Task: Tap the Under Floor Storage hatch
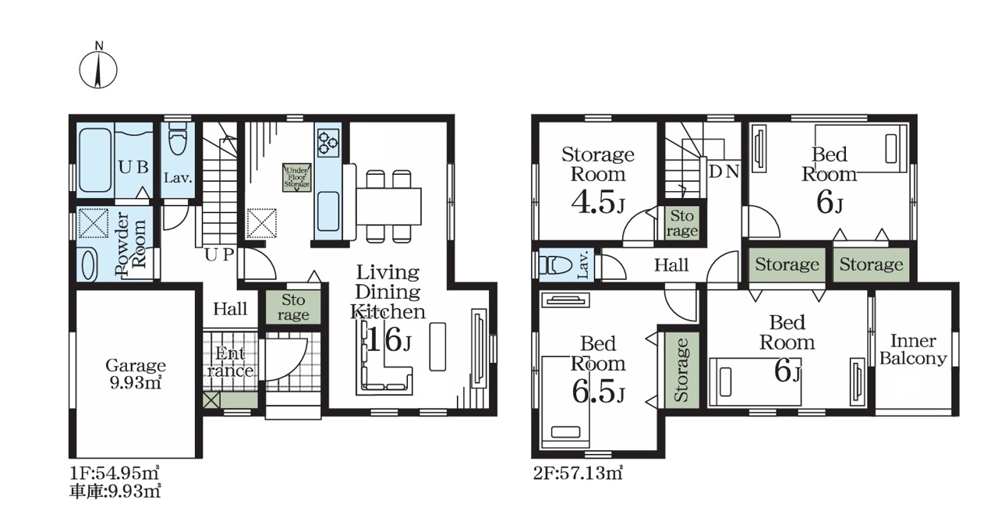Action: (x=297, y=178)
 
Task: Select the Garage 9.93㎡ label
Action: (x=136, y=374)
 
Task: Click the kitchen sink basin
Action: (x=328, y=211)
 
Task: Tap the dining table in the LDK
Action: (x=388, y=207)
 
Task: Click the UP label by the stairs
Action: (x=219, y=254)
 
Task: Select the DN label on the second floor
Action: (x=724, y=172)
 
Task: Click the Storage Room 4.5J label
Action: (x=598, y=180)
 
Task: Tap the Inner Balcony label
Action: (x=913, y=349)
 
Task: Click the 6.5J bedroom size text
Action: (x=598, y=392)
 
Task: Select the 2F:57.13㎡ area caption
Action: (x=578, y=473)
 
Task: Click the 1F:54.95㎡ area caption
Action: (x=115, y=471)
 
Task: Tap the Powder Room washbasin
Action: (x=89, y=264)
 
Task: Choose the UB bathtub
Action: (x=95, y=161)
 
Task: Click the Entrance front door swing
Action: (x=285, y=359)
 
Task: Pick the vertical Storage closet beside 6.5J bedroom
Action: (x=681, y=370)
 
